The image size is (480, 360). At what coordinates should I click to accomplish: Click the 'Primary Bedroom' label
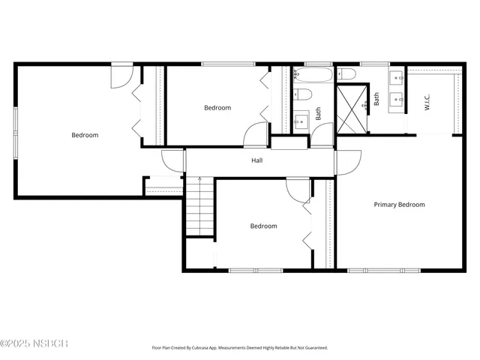point(399,204)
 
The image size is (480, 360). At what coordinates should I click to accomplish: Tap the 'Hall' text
point(256,160)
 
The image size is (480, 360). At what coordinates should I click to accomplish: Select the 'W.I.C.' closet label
point(427,103)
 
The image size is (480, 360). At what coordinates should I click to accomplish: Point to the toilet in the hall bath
point(303,94)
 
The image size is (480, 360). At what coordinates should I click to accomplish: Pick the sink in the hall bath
point(301,121)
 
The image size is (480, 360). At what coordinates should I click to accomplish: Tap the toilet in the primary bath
point(346,73)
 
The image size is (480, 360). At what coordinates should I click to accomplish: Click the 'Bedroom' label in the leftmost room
point(85,135)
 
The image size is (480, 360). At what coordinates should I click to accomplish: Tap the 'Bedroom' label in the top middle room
point(217,108)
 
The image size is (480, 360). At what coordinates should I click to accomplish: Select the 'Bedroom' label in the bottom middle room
point(263,226)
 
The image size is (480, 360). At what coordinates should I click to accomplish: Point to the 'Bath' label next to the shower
point(376,97)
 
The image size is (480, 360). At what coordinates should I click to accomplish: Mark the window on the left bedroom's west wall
point(16,132)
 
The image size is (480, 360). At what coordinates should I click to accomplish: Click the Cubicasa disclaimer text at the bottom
point(240,348)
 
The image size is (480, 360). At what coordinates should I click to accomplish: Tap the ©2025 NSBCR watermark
point(34,343)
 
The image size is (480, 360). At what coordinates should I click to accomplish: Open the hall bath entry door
point(322,134)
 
